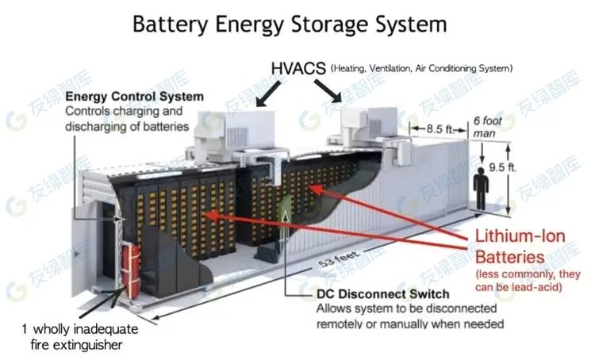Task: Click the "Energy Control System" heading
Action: pyautogui.click(x=134, y=97)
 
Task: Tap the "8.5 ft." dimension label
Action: pyautogui.click(x=439, y=127)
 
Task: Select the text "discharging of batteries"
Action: pyautogui.click(x=126, y=126)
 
